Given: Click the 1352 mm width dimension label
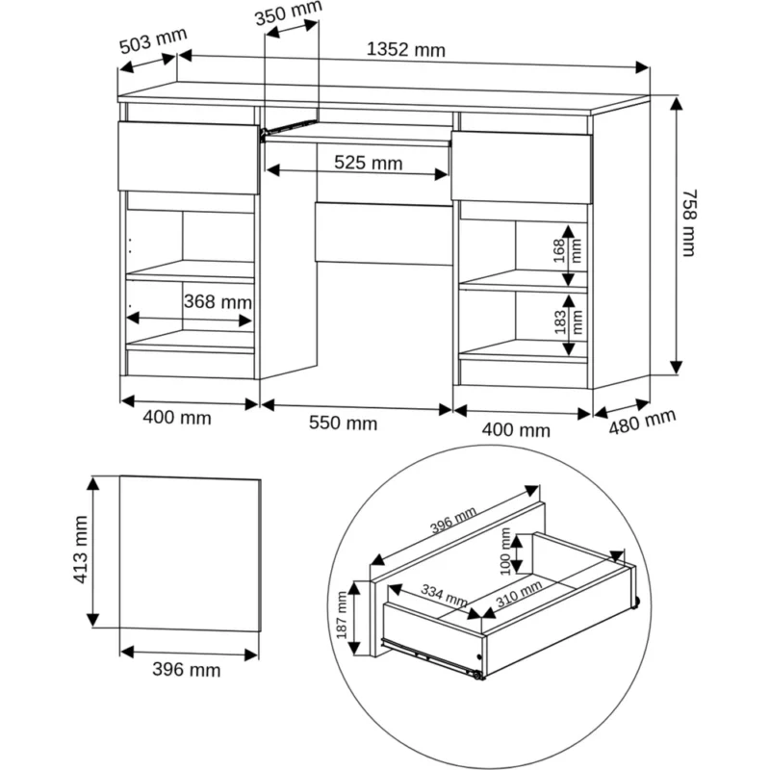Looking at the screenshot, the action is pyautogui.click(x=406, y=50).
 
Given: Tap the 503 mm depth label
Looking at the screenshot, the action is pyautogui.click(x=153, y=40).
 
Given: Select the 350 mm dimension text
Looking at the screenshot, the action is pyautogui.click(x=288, y=13).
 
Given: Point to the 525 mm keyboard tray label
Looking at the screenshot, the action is pyautogui.click(x=369, y=163).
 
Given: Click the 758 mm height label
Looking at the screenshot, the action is pyautogui.click(x=689, y=223).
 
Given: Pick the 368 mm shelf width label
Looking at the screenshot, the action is pyautogui.click(x=218, y=301).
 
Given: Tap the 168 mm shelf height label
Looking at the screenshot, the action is pyautogui.click(x=567, y=251).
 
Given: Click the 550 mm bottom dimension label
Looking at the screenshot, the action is pyautogui.click(x=344, y=423).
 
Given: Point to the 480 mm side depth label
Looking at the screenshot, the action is pyautogui.click(x=642, y=422).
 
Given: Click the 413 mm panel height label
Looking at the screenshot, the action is pyautogui.click(x=80, y=550).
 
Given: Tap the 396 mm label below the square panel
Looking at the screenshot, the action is pyautogui.click(x=186, y=669).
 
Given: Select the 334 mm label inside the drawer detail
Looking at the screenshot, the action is pyautogui.click(x=444, y=596).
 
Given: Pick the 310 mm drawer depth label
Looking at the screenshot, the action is pyautogui.click(x=519, y=593).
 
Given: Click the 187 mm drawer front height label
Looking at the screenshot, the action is pyautogui.click(x=342, y=615).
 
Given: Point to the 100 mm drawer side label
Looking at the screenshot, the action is pyautogui.click(x=505, y=551).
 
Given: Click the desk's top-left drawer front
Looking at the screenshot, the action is pyautogui.click(x=189, y=158).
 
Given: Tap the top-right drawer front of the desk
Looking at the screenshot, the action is pyautogui.click(x=522, y=167).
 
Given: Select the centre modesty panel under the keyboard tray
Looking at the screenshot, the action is pyautogui.click(x=383, y=233).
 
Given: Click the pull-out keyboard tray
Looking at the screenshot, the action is pyautogui.click(x=357, y=134).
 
